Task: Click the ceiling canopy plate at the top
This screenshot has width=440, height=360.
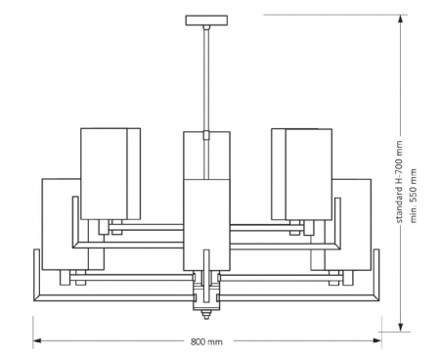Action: (x=206, y=20)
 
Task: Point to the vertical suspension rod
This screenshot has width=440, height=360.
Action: (x=206, y=78)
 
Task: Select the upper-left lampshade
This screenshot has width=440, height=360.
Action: (x=110, y=172)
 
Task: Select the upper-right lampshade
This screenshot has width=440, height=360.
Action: (x=302, y=172)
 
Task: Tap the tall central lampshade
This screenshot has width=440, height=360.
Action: (x=206, y=201)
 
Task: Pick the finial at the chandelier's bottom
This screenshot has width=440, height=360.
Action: (x=206, y=315)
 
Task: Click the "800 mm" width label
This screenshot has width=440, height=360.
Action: (x=207, y=342)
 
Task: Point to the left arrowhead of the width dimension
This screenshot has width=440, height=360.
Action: (x=37, y=341)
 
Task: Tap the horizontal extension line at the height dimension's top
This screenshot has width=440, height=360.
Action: (x=332, y=15)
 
